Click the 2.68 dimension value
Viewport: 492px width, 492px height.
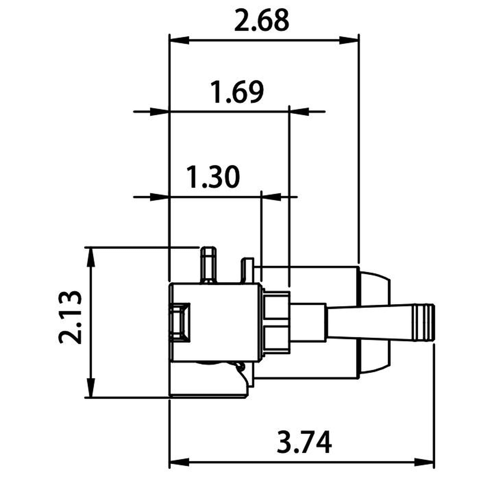(x=261, y=20)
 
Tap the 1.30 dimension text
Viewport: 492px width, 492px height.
(x=213, y=177)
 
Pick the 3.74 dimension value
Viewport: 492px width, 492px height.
(x=304, y=428)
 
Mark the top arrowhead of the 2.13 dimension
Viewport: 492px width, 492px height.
(x=91, y=257)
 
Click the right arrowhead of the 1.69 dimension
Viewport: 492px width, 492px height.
(x=300, y=111)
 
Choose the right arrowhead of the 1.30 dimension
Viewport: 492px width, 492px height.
(x=272, y=197)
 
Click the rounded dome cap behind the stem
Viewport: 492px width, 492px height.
(x=375, y=323)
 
